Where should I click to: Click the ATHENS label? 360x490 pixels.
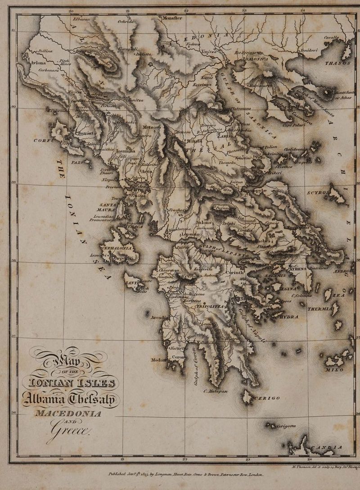[x=297, y=269]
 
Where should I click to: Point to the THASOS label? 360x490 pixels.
[x=337, y=64]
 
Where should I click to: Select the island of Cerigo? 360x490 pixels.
[x=247, y=396]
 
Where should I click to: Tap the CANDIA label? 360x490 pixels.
[x=328, y=447]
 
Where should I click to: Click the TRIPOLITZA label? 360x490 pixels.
[x=210, y=306]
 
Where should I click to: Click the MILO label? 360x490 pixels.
[x=334, y=370]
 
